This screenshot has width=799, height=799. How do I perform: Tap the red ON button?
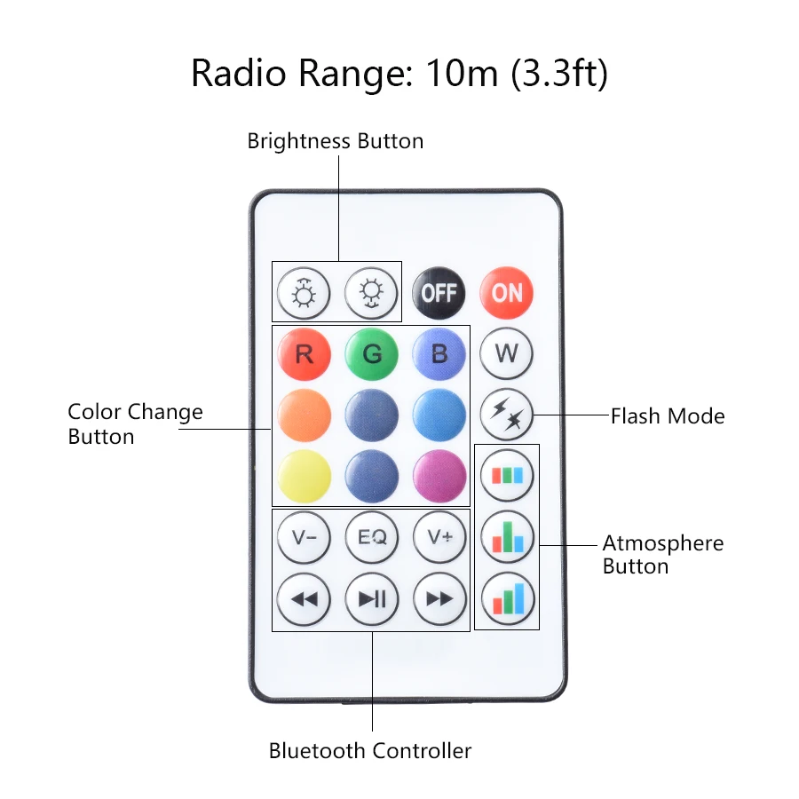(507, 292)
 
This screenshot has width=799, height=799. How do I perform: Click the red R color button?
(304, 354)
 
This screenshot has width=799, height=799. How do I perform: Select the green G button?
(372, 354)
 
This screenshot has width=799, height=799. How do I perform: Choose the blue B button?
(439, 354)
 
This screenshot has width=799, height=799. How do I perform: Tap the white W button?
(507, 353)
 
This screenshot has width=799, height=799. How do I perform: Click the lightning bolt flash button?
(507, 414)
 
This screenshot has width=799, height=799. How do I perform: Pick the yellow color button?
(304, 476)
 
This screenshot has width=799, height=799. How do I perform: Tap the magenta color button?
(439, 476)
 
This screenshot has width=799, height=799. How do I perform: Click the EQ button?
(372, 537)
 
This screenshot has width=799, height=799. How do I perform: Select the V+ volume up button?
(439, 537)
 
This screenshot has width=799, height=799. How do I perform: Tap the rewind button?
(304, 598)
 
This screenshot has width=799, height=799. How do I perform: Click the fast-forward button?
(439, 598)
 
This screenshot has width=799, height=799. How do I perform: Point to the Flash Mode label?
(667, 415)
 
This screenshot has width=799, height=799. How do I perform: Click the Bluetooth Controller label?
(370, 751)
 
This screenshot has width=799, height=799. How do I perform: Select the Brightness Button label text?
(335, 141)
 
